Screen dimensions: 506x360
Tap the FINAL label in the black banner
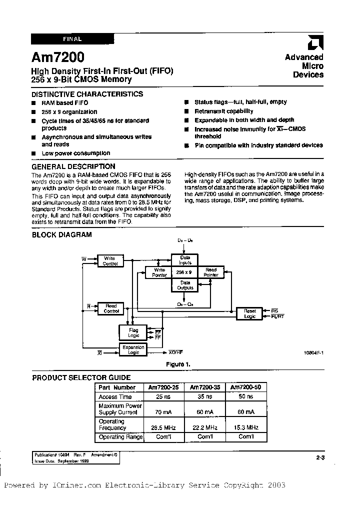point(72,38)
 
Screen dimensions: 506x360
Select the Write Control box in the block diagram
point(110,261)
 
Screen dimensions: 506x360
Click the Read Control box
point(111,308)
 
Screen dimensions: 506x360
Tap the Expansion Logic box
point(133,349)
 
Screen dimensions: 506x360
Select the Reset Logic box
point(249,313)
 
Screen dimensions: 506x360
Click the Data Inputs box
point(185,259)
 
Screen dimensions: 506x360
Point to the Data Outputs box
point(185,285)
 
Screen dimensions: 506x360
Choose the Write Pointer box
point(159,272)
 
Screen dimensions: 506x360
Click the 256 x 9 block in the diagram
point(185,272)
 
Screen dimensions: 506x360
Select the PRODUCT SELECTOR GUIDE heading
point(81,377)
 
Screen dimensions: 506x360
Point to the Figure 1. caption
point(177,364)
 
